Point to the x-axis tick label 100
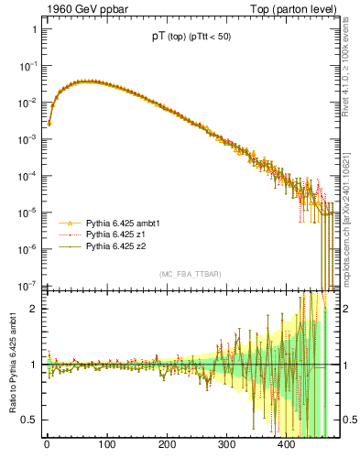click(x=106, y=444)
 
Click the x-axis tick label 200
click(x=167, y=444)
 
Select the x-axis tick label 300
click(x=226, y=444)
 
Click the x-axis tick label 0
click(x=47, y=444)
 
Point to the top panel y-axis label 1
click(x=34, y=29)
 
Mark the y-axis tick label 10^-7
click(x=28, y=285)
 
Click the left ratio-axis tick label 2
click(x=34, y=309)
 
